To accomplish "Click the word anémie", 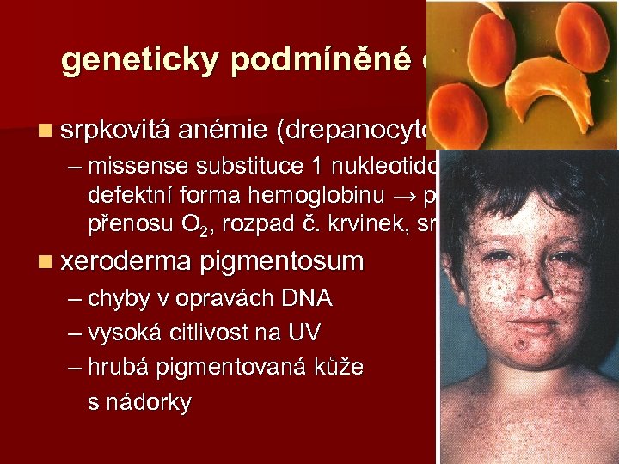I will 224,131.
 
